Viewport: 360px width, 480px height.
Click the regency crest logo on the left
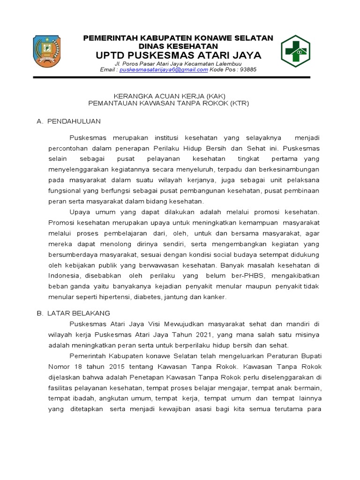tap(47, 52)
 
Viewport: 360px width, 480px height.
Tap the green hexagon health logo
tap(295, 51)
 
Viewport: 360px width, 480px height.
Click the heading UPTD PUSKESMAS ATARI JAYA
tap(179, 55)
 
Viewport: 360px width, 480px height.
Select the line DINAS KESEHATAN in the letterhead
tap(178, 46)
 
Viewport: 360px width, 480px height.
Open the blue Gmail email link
tap(164, 69)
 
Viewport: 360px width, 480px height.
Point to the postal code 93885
tap(248, 69)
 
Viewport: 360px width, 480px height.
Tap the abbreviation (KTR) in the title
tap(240, 103)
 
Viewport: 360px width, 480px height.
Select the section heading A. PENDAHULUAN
tap(68, 121)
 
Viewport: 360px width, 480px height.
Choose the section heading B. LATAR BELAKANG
tap(74, 313)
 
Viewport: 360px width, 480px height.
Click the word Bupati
tap(311, 356)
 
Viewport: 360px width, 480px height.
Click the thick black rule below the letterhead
tap(171, 77)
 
